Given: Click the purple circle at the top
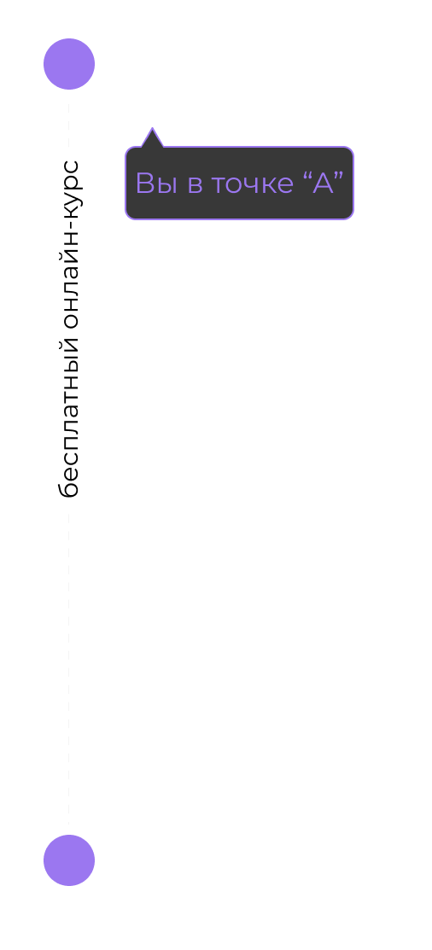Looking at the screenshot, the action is (x=69, y=64).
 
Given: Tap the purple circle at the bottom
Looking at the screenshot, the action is (x=69, y=860).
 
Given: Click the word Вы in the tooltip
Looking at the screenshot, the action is (x=156, y=183).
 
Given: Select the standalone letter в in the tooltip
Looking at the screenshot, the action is (x=196, y=185).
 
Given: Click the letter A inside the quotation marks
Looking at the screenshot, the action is (x=323, y=183).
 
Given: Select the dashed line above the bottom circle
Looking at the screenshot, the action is (x=69, y=667).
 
